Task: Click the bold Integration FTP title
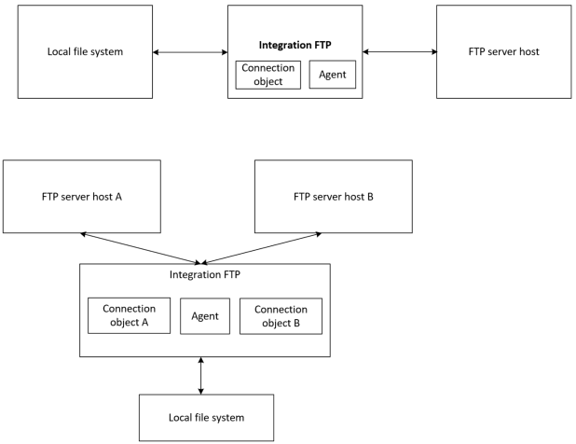pos(295,44)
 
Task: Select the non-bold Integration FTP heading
pos(204,275)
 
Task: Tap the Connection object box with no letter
pos(268,75)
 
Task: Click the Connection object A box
pos(129,316)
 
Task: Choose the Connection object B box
pos(281,316)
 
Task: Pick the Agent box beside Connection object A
pos(204,316)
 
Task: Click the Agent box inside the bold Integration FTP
pos(333,75)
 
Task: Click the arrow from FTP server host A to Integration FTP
pos(140,248)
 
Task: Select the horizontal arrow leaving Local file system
pos(190,51)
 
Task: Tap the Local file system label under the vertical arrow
pos(206,417)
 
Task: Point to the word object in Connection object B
pos(281,324)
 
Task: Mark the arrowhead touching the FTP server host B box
pos(327,235)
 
